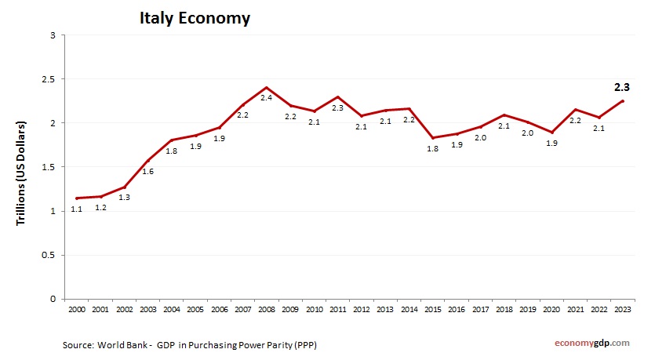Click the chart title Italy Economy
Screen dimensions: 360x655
coord(195,17)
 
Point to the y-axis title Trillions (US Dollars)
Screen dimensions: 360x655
coord(22,173)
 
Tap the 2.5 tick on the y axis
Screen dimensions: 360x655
coord(48,79)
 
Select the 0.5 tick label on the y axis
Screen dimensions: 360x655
coord(48,255)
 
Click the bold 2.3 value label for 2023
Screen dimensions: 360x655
coord(622,87)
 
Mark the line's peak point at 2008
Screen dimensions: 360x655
coord(266,88)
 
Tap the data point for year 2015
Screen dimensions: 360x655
coord(432,138)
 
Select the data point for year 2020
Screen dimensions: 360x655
coord(551,133)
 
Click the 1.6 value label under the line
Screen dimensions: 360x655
coord(147,171)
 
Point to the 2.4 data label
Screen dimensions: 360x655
coord(266,98)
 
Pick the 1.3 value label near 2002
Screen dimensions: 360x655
coord(124,198)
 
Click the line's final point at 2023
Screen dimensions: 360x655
coord(623,100)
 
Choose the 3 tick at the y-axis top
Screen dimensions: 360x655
coord(52,35)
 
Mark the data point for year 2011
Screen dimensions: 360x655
coord(337,97)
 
